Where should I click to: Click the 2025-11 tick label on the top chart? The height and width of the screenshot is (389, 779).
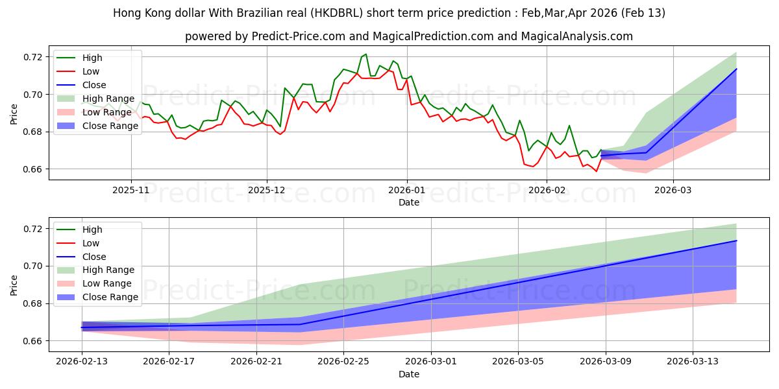131,191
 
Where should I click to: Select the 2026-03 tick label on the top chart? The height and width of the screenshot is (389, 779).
673,191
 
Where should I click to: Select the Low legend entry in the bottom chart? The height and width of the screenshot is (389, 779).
90,243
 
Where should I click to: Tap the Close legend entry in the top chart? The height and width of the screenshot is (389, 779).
94,85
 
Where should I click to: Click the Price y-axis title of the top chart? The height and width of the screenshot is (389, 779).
14,113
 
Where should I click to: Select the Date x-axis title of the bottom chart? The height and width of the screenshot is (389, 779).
408,374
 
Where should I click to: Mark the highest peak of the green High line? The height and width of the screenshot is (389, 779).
365,54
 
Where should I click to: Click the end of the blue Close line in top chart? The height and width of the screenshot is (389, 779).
736,69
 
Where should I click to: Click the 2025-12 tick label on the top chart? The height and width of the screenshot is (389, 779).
267,191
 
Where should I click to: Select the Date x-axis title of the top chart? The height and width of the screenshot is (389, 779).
408,202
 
